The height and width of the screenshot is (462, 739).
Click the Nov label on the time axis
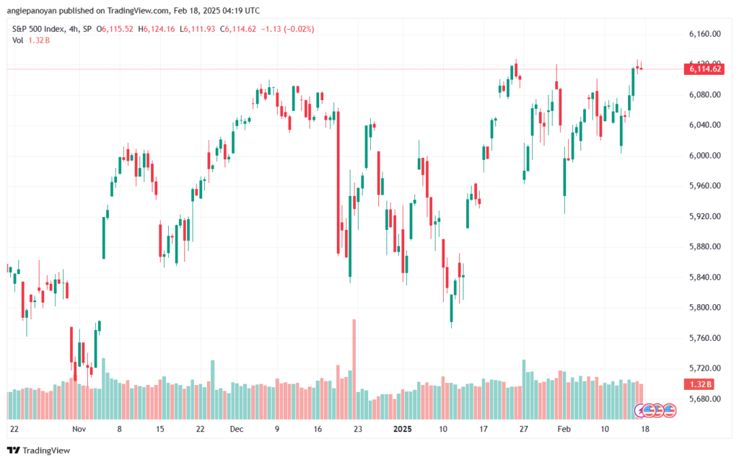[79, 427]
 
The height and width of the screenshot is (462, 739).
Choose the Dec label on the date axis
[237, 427]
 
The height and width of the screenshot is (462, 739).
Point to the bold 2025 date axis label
[402, 427]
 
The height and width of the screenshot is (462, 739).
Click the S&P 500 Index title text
[42, 29]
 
